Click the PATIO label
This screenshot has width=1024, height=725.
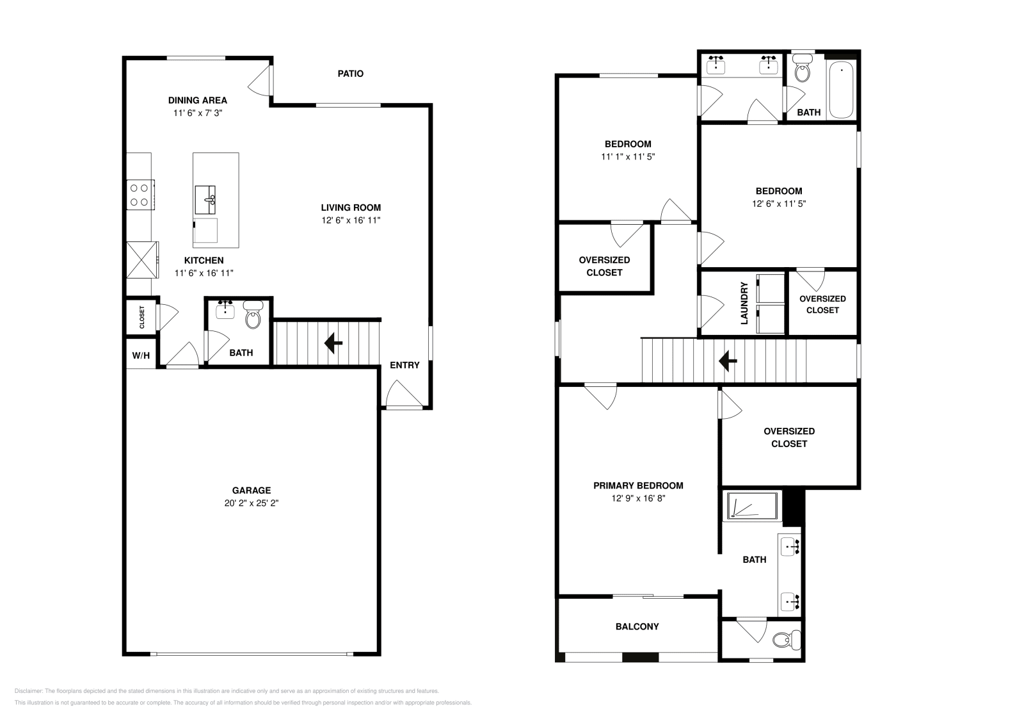[350, 74]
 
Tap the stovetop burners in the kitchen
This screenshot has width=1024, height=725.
[140, 195]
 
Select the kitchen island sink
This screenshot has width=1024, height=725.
[205, 200]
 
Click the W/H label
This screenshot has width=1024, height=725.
[141, 355]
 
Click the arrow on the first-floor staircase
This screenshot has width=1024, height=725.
[333, 343]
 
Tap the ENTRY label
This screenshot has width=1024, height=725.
[404, 365]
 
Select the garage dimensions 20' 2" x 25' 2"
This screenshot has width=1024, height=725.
[251, 503]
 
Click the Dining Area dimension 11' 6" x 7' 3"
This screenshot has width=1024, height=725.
[197, 113]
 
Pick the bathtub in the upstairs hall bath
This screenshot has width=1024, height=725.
[841, 90]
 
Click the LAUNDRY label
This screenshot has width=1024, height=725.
[744, 303]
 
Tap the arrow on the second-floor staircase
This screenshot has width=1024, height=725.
[728, 361]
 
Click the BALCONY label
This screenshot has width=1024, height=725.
[637, 626]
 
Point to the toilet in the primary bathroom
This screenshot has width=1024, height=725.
[787, 639]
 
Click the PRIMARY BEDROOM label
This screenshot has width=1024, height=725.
[638, 485]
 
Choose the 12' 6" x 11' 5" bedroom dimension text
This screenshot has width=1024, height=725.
[778, 204]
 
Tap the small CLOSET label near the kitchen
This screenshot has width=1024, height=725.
[142, 317]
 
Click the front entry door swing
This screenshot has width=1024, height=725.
[403, 394]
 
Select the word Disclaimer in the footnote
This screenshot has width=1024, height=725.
[28, 691]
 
